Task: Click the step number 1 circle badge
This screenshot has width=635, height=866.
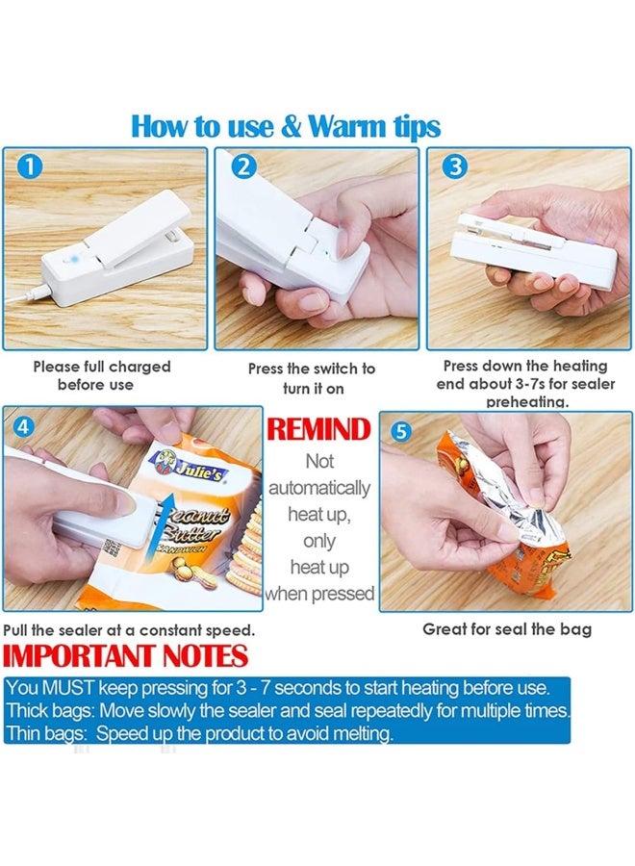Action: pyautogui.click(x=31, y=166)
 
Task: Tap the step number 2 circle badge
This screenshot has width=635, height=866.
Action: pyautogui.click(x=243, y=166)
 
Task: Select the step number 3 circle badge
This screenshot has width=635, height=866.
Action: pyautogui.click(x=455, y=166)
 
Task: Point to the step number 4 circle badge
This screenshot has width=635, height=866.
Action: pyautogui.click(x=23, y=426)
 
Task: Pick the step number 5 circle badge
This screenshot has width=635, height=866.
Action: pyautogui.click(x=401, y=431)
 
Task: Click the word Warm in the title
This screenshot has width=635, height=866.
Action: pyautogui.click(x=346, y=126)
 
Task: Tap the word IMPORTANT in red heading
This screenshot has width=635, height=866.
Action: pyautogui.click(x=80, y=656)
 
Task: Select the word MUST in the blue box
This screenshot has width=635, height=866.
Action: pyautogui.click(x=69, y=688)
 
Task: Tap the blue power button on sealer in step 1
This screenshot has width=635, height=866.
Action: pyautogui.click(x=72, y=258)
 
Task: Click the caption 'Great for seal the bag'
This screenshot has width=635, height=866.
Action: pyautogui.click(x=507, y=629)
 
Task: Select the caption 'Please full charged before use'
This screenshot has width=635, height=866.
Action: pyautogui.click(x=101, y=375)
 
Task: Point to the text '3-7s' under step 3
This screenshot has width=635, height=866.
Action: pyautogui.click(x=529, y=383)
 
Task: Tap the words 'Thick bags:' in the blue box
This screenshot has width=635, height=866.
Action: pyautogui.click(x=50, y=710)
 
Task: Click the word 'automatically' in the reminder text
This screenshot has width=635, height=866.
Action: pyautogui.click(x=319, y=488)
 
